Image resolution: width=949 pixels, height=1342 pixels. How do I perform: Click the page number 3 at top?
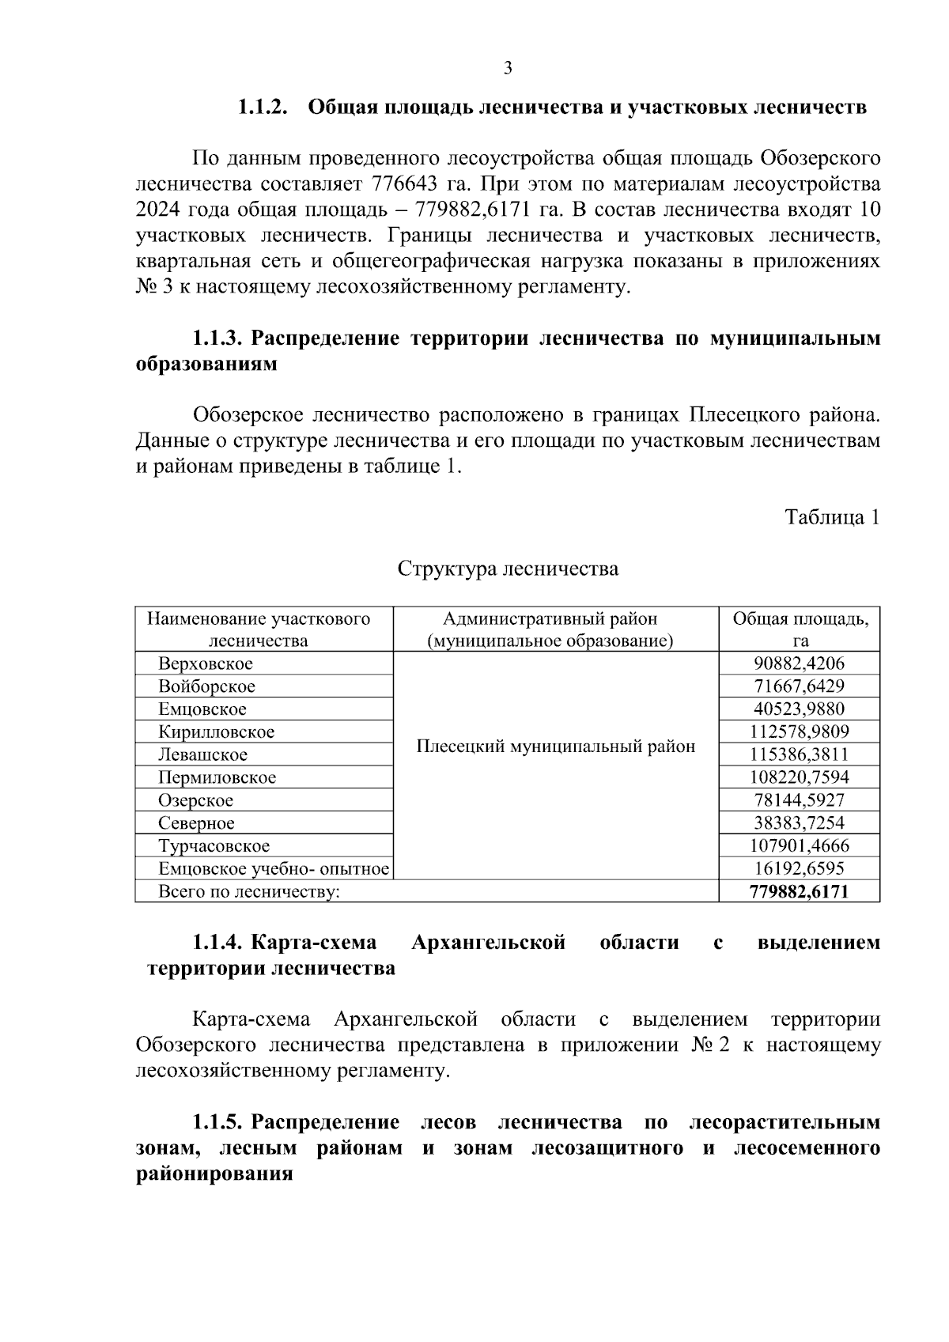[508, 68]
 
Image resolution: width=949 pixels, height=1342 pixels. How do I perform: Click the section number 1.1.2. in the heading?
[264, 108]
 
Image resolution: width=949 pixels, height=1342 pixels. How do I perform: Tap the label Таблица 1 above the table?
[831, 517]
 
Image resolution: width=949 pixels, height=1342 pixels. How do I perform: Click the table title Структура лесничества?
[508, 568]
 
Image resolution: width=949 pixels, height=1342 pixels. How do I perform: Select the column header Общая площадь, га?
[800, 629]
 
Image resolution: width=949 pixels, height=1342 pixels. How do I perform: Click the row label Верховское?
[206, 663]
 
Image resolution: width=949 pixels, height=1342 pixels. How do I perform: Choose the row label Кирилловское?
[216, 732]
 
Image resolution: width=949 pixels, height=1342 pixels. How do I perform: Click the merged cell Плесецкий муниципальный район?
[556, 747]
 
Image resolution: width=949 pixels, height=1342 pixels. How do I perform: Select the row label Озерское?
[195, 800]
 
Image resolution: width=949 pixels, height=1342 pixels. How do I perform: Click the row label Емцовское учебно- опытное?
[274, 869]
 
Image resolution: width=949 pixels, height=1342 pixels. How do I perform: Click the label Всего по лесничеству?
[249, 892]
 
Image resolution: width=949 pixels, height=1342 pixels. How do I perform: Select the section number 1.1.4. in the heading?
[218, 943]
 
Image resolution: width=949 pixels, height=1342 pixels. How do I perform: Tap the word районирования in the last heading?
[214, 1174]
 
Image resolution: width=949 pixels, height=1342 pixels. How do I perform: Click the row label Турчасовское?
[214, 846]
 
